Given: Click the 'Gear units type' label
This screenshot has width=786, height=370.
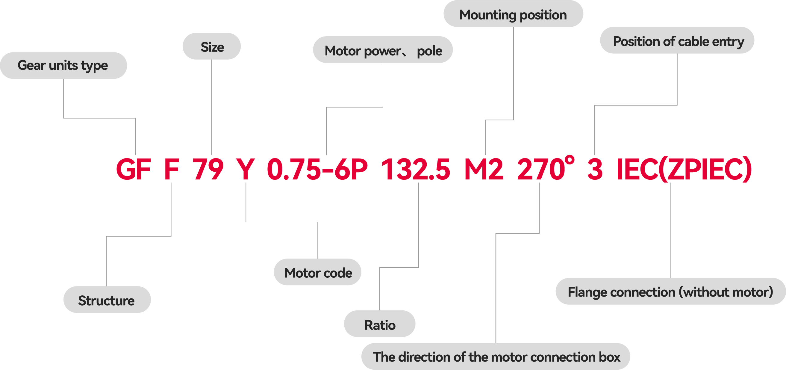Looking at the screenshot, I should coord(63,66).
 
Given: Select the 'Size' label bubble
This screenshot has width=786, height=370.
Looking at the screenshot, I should coord(212,47).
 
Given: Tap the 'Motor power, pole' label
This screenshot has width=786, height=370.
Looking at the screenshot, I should coord(383,50).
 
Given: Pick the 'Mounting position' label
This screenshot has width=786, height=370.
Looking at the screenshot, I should coord(513,14).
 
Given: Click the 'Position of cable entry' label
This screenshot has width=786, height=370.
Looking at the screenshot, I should coord(677,41).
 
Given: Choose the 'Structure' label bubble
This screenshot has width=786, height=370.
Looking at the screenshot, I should coord(107,300).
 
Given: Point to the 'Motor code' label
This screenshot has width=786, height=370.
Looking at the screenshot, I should coord(318,273).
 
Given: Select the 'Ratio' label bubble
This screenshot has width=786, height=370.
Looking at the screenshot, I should coord(380,324).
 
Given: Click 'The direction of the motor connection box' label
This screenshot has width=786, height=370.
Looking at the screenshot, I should coord(496,357).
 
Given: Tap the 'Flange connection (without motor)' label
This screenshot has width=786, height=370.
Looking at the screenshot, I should coord(670,292).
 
